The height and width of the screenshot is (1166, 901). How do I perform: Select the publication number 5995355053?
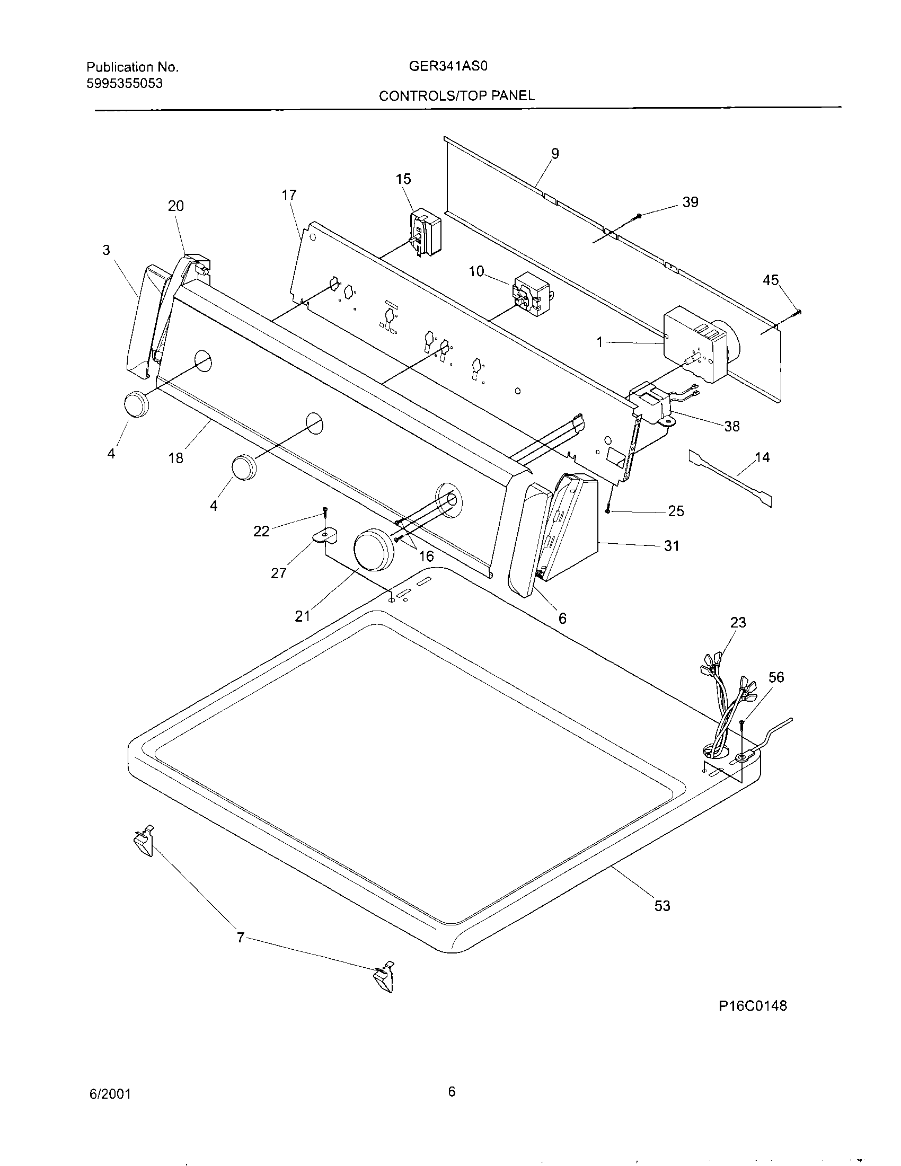[x=125, y=83]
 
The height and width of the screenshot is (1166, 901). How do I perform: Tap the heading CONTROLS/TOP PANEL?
[x=456, y=95]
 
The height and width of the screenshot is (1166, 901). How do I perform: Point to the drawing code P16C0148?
[x=753, y=1006]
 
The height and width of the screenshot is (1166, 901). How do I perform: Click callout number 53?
[x=662, y=905]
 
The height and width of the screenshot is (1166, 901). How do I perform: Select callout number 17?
[x=289, y=195]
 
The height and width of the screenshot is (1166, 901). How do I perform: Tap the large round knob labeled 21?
[x=374, y=551]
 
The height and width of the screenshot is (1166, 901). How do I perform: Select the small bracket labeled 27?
[x=325, y=535]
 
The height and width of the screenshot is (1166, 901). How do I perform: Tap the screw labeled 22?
[x=324, y=513]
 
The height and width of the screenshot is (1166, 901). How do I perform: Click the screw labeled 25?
[x=608, y=510]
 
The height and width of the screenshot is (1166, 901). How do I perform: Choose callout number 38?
[x=731, y=426]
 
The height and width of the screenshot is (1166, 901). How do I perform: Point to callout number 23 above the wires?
[x=738, y=622]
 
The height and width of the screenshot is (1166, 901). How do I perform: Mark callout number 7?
[x=240, y=937]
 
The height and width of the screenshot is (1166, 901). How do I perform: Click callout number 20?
[x=175, y=206]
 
